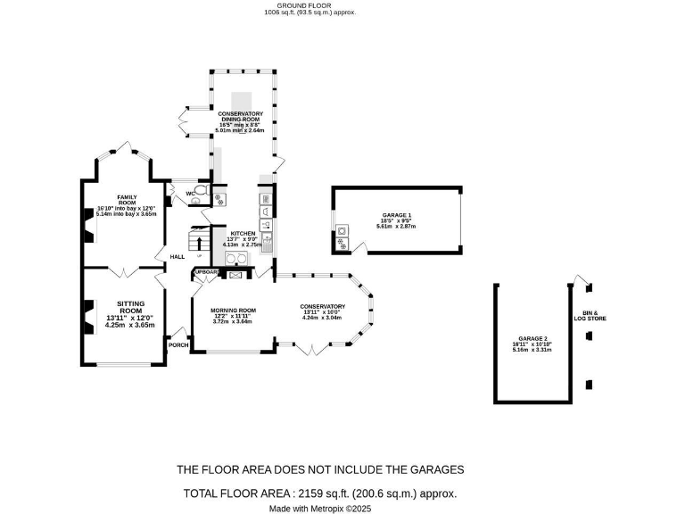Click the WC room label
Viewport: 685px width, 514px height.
coord(190,194)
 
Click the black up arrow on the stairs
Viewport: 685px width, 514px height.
coord(199,241)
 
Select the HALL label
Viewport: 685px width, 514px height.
coord(177,257)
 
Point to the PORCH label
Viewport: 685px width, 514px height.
coord(178,344)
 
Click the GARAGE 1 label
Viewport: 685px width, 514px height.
coord(396,215)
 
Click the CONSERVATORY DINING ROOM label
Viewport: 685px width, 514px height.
coord(241,117)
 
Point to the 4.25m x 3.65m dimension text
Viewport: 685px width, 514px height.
coord(130,326)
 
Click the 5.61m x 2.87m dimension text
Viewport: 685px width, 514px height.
coord(396,227)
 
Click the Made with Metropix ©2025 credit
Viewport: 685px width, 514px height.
coord(319,509)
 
